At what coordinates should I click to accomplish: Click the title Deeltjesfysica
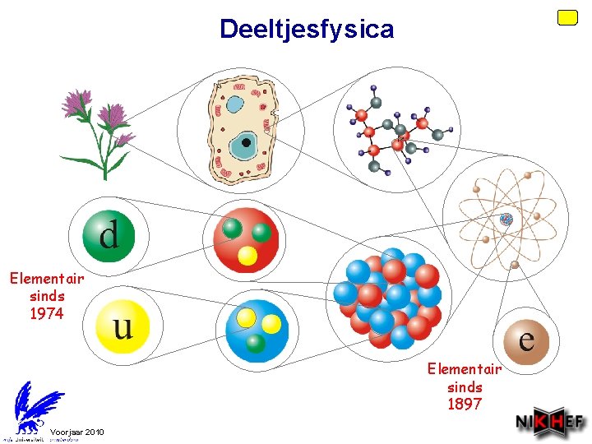tap(307, 30)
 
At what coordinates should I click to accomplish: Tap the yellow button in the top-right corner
tap(567, 17)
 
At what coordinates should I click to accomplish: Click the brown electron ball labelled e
tap(526, 337)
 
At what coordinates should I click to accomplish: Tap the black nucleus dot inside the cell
tap(246, 142)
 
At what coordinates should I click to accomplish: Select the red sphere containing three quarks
tap(247, 239)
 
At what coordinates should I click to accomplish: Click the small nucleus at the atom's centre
tap(506, 219)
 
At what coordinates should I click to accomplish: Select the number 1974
tap(47, 312)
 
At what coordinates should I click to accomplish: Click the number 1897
tap(465, 404)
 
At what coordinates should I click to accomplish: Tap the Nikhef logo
tap(550, 423)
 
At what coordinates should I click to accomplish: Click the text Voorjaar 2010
tap(77, 432)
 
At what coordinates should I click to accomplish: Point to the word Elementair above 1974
tap(47, 279)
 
